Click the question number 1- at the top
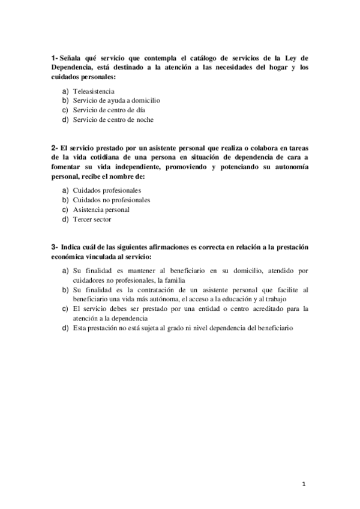point(55,58)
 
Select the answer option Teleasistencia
point(94,91)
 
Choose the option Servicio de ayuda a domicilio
point(116,100)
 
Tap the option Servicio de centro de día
point(109,110)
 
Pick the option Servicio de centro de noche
point(113,119)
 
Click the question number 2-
point(55,148)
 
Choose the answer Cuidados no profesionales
point(111,200)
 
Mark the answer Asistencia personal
point(101,209)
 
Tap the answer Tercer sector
point(92,219)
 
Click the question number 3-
point(55,247)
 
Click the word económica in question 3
point(71,257)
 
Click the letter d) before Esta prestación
point(65,328)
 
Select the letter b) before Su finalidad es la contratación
point(65,290)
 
